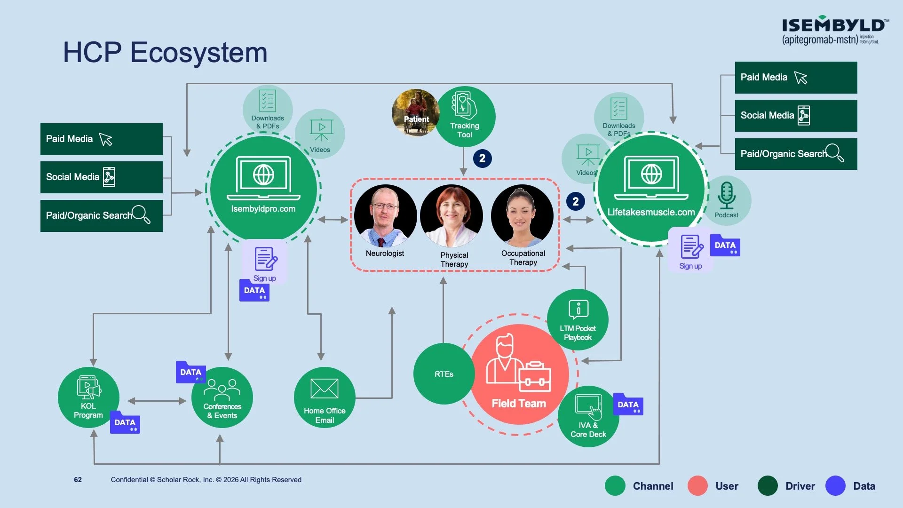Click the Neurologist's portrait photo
pos(385,216)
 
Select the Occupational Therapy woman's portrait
pos(522,216)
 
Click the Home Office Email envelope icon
pos(325,389)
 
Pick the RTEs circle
pos(444,374)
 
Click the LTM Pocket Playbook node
pos(578,320)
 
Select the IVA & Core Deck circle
pos(588,416)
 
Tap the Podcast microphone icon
pos(727,196)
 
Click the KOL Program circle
pos(88,397)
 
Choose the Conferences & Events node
pos(222,397)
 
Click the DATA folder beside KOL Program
pos(125,422)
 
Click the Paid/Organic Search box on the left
pos(102,216)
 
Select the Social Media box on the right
pos(796,116)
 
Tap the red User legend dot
pos(697,486)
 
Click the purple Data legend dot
pos(835,486)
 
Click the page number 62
pos(78,480)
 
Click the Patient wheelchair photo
pos(416,113)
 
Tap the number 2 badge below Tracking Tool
pos(482,159)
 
